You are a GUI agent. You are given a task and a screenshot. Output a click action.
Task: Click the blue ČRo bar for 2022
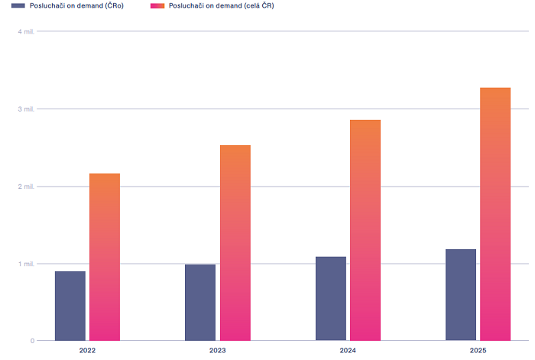click(70, 306)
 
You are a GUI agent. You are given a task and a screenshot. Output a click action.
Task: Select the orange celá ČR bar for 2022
click(105, 257)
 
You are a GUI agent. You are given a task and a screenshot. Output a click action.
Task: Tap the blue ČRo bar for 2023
click(200, 302)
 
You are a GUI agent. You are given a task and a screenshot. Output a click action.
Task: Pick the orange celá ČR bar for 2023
click(235, 243)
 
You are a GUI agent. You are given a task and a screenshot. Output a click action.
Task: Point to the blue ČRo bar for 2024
click(331, 298)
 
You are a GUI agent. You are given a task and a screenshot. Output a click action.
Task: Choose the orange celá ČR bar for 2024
click(365, 230)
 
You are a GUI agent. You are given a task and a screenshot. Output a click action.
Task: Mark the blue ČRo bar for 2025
click(461, 294)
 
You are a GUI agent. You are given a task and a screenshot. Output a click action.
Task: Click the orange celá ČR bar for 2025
click(495, 214)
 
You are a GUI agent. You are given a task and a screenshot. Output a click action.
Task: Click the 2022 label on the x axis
click(87, 350)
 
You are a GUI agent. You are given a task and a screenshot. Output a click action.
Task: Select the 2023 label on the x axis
click(218, 350)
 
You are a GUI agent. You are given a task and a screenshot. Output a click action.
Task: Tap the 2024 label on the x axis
click(348, 350)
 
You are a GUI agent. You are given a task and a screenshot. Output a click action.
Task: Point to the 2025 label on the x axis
click(478, 350)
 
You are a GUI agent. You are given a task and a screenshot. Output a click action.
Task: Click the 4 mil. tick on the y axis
click(25, 31)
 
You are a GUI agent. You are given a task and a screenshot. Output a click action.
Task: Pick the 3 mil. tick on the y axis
click(25, 109)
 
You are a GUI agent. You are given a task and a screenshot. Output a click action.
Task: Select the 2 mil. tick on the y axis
click(25, 186)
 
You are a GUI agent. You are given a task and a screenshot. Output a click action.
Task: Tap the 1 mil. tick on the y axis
click(25, 264)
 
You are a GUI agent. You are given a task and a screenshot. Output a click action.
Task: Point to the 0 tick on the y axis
click(31, 341)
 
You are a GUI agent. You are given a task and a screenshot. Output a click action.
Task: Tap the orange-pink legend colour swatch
click(157, 5)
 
